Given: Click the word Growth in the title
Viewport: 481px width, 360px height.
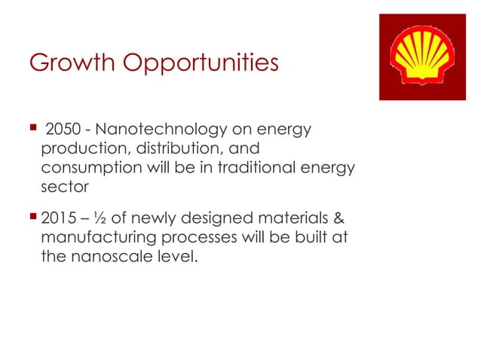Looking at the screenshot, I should (64, 64).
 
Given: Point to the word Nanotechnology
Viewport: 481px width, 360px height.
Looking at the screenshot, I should (150, 130).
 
